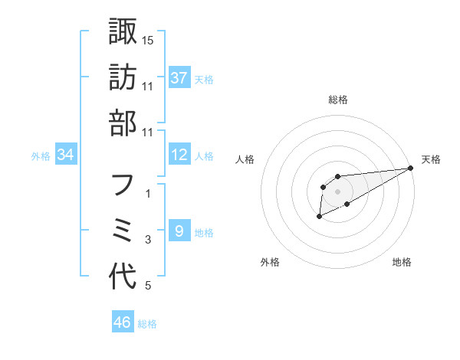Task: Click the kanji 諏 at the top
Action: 123,31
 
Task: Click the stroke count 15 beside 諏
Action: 149,39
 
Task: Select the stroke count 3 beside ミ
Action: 148,241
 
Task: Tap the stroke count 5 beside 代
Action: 148,286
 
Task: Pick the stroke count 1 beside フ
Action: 148,195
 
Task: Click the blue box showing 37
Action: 179,77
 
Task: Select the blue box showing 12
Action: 179,155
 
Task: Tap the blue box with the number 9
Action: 179,231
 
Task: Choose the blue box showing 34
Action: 66,155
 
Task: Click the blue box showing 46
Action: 123,322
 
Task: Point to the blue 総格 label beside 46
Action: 147,324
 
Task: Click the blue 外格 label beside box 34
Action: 41,155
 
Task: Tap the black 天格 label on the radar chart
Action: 432,159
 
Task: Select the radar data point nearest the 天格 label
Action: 411,168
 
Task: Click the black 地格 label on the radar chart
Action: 402,262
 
